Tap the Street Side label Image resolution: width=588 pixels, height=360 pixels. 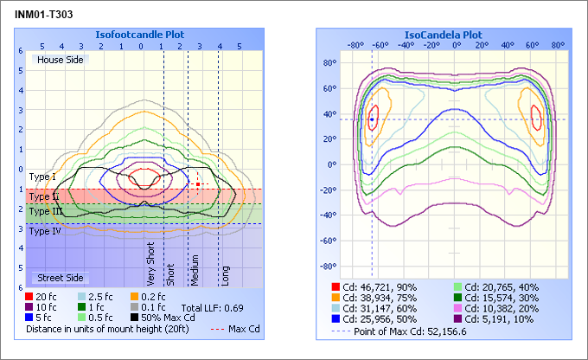pos(58,278)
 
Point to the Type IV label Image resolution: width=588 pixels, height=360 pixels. pos(45,231)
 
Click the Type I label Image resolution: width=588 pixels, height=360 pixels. pos(42,177)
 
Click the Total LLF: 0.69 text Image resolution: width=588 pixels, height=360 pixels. pos(213,308)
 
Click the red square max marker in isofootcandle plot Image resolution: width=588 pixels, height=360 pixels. pos(198,184)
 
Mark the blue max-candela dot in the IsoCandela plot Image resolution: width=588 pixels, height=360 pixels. pos(372,119)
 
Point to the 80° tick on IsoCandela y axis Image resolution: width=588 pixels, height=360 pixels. pos(329,63)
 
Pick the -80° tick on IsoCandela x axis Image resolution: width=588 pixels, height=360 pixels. pos(355,45)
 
